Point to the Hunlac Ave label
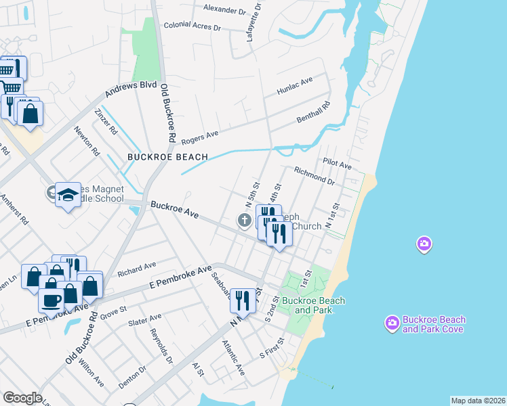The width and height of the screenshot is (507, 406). click(294, 86)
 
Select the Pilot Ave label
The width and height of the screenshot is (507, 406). click(337, 164)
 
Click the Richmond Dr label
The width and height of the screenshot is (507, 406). click(315, 177)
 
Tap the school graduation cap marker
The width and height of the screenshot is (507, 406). click(68, 195)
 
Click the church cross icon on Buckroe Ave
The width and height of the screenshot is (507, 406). click(243, 220)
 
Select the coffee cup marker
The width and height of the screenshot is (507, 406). click(52, 298)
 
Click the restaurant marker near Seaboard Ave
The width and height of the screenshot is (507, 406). click(242, 299)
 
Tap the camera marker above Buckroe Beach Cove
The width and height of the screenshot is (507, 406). click(424, 244)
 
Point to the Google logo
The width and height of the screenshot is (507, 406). click(22, 397)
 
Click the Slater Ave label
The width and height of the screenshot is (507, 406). click(146, 317)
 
